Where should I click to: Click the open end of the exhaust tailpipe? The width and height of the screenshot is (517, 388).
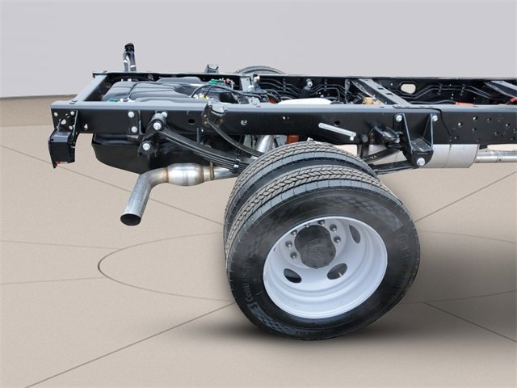(130, 217)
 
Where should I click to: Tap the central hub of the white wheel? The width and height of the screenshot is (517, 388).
(317, 245)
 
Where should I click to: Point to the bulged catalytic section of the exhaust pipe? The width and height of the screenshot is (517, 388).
(185, 174)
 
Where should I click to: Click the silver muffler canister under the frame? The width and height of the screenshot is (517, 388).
(452, 156)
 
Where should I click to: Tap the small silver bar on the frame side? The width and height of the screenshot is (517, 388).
(337, 130)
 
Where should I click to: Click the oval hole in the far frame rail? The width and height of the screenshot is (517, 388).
(408, 88)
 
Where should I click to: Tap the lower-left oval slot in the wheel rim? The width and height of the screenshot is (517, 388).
(292, 276)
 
